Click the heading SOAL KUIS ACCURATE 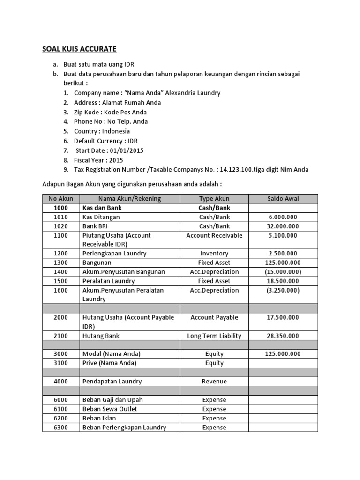coord(79,49)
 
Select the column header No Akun coord(60,198)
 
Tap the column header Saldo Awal coord(283,198)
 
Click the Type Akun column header coord(214,198)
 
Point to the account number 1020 coord(60,226)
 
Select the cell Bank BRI coord(96,226)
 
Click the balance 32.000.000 coord(283,226)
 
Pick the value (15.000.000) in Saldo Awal coord(283,272)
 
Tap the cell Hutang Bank coord(101,336)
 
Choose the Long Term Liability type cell coord(214,336)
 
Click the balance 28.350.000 coord(283,336)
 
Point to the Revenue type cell coord(214,382)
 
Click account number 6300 coord(60,427)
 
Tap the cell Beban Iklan coord(99,418)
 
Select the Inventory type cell coord(214,254)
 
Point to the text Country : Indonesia coord(102,131)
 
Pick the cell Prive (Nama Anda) coord(109,363)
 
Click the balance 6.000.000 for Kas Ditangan coord(283,217)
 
